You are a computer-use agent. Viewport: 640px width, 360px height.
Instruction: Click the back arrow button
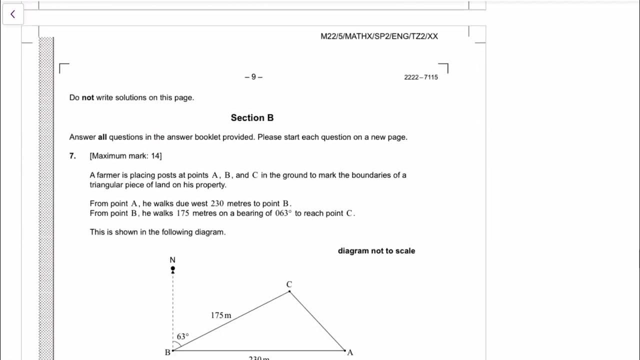click(12, 14)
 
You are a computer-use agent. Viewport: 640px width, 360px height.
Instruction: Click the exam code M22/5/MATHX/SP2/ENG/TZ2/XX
click(379, 36)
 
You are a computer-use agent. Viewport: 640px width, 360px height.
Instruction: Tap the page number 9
click(253, 77)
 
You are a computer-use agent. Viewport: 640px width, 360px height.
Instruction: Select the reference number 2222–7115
click(420, 77)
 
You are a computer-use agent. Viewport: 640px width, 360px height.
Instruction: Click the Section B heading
click(252, 118)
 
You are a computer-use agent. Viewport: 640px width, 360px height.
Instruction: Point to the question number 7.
click(72, 156)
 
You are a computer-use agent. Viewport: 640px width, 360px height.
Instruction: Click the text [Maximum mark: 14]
click(125, 156)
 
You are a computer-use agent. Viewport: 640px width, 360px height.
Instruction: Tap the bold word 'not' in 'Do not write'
click(88, 98)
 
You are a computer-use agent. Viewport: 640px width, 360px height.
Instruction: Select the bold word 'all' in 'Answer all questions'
click(102, 137)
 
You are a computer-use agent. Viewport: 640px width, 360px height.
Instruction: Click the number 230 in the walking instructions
click(217, 203)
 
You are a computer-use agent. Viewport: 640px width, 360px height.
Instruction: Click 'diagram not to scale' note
click(376, 251)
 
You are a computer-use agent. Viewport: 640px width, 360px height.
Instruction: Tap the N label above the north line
click(172, 260)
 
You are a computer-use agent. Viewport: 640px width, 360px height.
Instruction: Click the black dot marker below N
click(173, 269)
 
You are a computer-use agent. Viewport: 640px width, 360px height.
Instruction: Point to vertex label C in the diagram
click(289, 284)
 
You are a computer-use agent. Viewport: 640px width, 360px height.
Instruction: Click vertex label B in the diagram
click(167, 352)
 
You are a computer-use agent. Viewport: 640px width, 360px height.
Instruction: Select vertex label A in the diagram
click(350, 352)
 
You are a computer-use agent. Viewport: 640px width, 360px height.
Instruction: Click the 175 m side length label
click(221, 315)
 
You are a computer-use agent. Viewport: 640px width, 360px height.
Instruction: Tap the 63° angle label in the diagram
click(182, 336)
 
